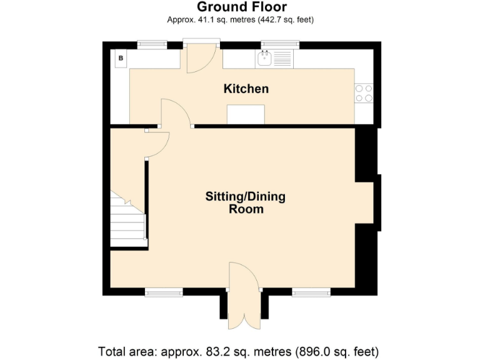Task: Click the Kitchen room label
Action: [246, 89]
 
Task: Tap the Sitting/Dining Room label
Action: [245, 202]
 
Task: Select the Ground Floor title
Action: [242, 7]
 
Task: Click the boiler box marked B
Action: [121, 58]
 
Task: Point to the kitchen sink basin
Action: [264, 59]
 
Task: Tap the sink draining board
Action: [282, 59]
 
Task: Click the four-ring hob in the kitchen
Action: [364, 93]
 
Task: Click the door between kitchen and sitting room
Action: [176, 112]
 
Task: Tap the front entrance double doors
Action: [244, 296]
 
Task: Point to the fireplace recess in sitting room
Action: [364, 202]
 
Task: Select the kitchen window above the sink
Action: [280, 45]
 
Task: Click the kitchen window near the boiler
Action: [152, 45]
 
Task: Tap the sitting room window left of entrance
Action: [164, 292]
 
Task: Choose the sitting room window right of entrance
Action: [311, 292]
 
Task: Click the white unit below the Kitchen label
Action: [246, 114]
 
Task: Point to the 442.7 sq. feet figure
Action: [286, 20]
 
